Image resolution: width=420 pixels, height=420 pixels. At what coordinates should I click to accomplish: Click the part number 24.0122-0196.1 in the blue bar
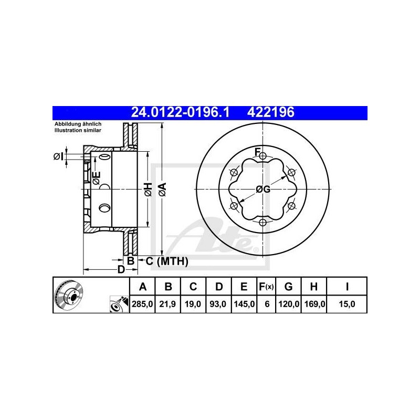click(x=180, y=112)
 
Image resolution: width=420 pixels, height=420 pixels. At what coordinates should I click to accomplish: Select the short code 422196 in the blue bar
click(x=270, y=112)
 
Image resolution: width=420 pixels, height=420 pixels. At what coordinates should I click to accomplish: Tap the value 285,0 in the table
click(x=142, y=304)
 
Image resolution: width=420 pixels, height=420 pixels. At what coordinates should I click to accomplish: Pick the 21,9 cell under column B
click(x=167, y=304)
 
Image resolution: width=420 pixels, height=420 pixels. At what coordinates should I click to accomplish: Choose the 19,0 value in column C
click(x=193, y=304)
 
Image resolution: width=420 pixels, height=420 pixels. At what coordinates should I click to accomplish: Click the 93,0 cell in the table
click(x=218, y=304)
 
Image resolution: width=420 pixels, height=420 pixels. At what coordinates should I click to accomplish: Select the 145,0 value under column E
click(x=244, y=304)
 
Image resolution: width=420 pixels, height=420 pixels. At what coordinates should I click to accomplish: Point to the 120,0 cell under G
click(x=289, y=304)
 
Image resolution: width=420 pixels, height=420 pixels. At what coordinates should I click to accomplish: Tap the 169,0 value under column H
click(x=314, y=304)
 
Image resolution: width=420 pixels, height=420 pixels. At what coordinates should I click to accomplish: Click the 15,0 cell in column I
click(x=347, y=304)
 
